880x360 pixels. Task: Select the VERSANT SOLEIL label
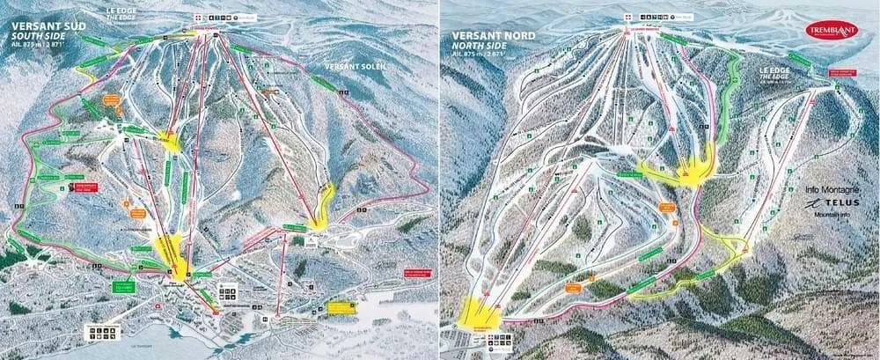pos(355,67)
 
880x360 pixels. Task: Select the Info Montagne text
pos(828,188)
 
